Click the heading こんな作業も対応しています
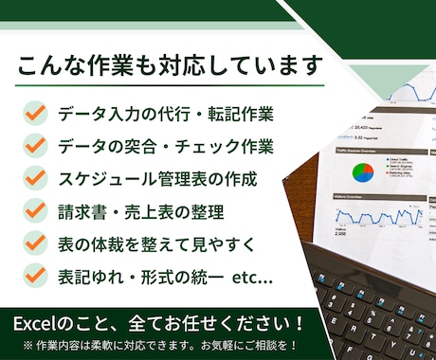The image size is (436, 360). (x=171, y=67)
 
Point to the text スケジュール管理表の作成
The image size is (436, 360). (x=157, y=178)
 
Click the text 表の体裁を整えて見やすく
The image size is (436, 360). (x=156, y=243)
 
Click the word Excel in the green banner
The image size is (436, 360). (x=36, y=323)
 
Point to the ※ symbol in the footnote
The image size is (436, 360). (x=27, y=345)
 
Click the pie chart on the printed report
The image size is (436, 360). (x=363, y=172)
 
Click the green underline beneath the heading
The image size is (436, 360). (x=171, y=87)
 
